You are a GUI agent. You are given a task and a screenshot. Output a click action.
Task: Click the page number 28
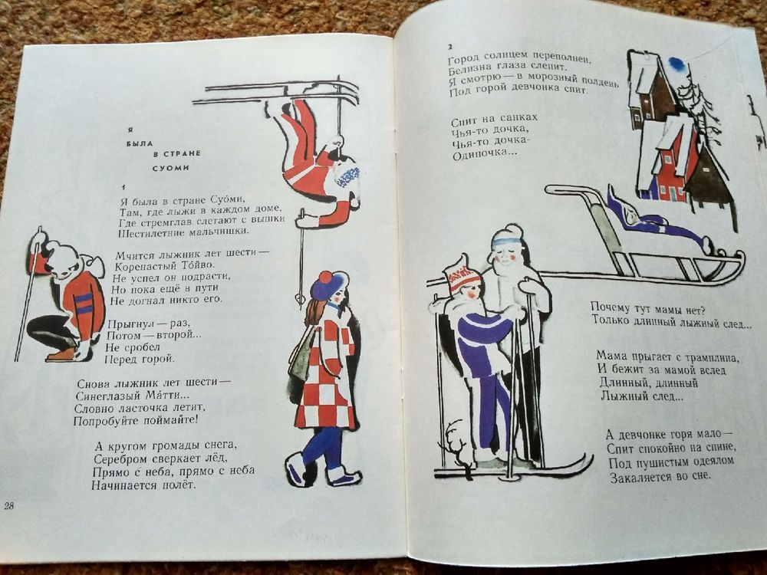[x=8, y=505]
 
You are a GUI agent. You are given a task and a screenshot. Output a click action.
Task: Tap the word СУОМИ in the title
[x=170, y=167]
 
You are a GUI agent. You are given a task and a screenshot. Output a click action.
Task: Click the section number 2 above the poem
[x=450, y=47]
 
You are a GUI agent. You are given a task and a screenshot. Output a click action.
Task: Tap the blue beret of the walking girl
[x=326, y=284]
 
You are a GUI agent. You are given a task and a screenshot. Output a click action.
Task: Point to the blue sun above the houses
[x=677, y=63]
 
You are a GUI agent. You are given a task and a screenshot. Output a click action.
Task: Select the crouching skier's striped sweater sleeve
[x=83, y=303]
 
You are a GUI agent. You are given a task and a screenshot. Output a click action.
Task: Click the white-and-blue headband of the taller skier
[x=507, y=240]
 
